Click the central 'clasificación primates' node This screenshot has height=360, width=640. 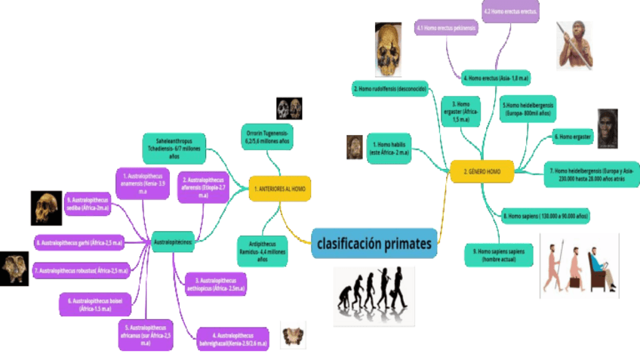coord(374,243)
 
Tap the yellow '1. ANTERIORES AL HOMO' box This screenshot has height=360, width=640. coord(280,188)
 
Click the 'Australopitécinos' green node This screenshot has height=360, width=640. coord(174,242)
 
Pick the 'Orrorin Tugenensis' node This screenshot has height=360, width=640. coord(267,135)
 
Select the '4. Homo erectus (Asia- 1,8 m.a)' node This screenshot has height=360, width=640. coord(495,78)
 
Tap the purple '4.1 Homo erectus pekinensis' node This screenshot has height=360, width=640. coord(446,28)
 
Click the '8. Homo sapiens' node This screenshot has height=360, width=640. coord(545,217)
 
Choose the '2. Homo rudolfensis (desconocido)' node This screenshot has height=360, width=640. coord(390,89)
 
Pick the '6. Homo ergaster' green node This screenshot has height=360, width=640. coord(573,137)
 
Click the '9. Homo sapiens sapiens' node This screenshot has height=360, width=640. coord(500,255)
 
